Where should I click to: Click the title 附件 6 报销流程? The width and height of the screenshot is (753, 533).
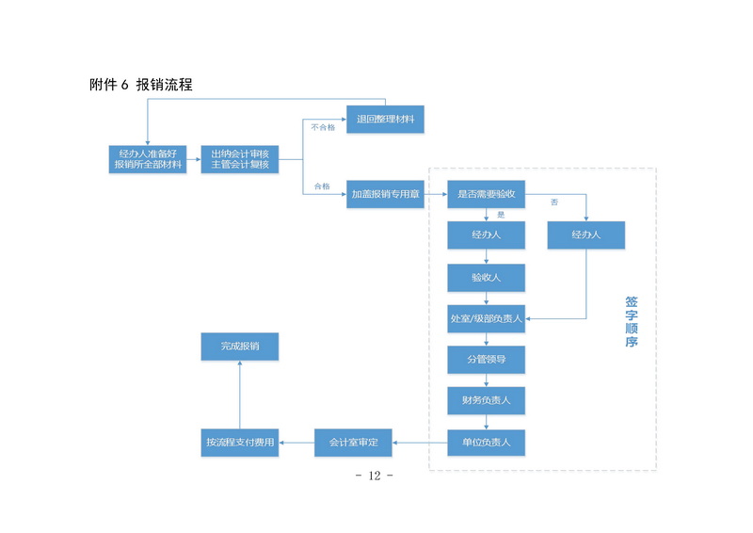pos(141,85)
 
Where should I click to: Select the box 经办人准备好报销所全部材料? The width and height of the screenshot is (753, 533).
pos(148,158)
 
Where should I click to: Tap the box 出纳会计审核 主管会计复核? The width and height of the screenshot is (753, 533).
pos(240,158)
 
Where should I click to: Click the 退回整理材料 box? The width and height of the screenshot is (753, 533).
pos(386,120)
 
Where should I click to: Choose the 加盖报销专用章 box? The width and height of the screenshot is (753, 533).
pos(386,194)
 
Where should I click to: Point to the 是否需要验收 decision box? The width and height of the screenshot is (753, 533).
pos(486,194)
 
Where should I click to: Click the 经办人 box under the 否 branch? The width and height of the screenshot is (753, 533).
pos(585,234)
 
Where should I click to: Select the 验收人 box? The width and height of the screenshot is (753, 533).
pos(486,277)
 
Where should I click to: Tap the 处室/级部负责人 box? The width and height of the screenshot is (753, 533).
pos(486,318)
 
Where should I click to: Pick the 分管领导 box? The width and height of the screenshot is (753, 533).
pos(486,360)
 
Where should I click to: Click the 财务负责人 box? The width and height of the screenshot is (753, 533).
pos(486,400)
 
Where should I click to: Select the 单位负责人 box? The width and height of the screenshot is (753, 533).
pos(486,442)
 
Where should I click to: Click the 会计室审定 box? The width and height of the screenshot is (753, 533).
pos(353,442)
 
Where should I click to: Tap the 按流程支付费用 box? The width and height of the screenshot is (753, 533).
pos(240,442)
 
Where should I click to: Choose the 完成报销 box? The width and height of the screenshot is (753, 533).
pos(240,347)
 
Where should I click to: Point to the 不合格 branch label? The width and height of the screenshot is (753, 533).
pos(323,126)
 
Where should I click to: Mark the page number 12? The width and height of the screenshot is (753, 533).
pos(375,476)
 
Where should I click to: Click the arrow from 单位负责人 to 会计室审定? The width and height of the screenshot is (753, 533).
pos(419,442)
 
